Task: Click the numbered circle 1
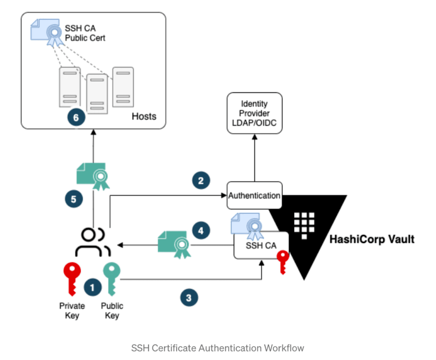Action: (x=92, y=287)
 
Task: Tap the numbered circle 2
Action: (x=201, y=180)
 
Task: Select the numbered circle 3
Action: (x=189, y=297)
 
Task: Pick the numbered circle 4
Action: (x=201, y=230)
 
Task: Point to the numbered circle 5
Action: (x=73, y=199)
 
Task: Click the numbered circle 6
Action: (x=76, y=117)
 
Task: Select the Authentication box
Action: (x=254, y=195)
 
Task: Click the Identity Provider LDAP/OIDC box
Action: (x=254, y=113)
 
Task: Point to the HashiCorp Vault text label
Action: (x=372, y=239)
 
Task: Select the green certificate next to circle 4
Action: (x=175, y=244)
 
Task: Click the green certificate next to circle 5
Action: (x=93, y=176)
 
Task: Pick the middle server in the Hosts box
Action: (x=97, y=94)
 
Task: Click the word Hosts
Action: (x=144, y=116)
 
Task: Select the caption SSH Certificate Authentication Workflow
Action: (x=218, y=348)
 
